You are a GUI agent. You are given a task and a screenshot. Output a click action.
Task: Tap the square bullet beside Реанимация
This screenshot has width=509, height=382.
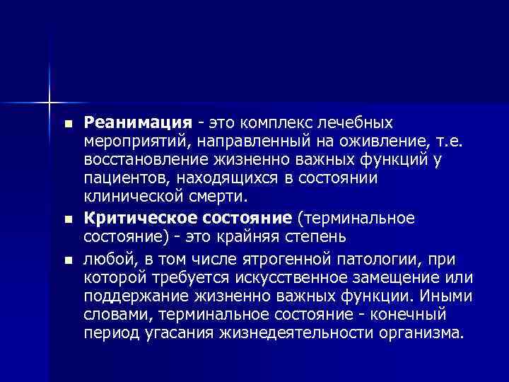[67, 124]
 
